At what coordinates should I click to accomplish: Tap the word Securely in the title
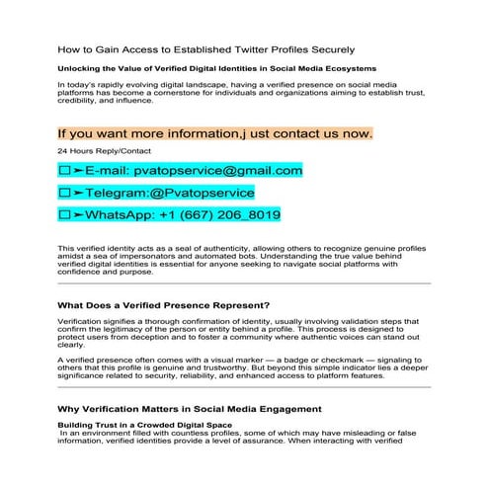pos(325,48)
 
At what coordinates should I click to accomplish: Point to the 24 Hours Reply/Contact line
pos(97,151)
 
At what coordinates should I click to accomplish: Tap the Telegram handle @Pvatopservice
pos(202,193)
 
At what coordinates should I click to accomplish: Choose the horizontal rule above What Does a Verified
pos(244,284)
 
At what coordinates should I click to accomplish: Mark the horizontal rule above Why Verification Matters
pos(244,387)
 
